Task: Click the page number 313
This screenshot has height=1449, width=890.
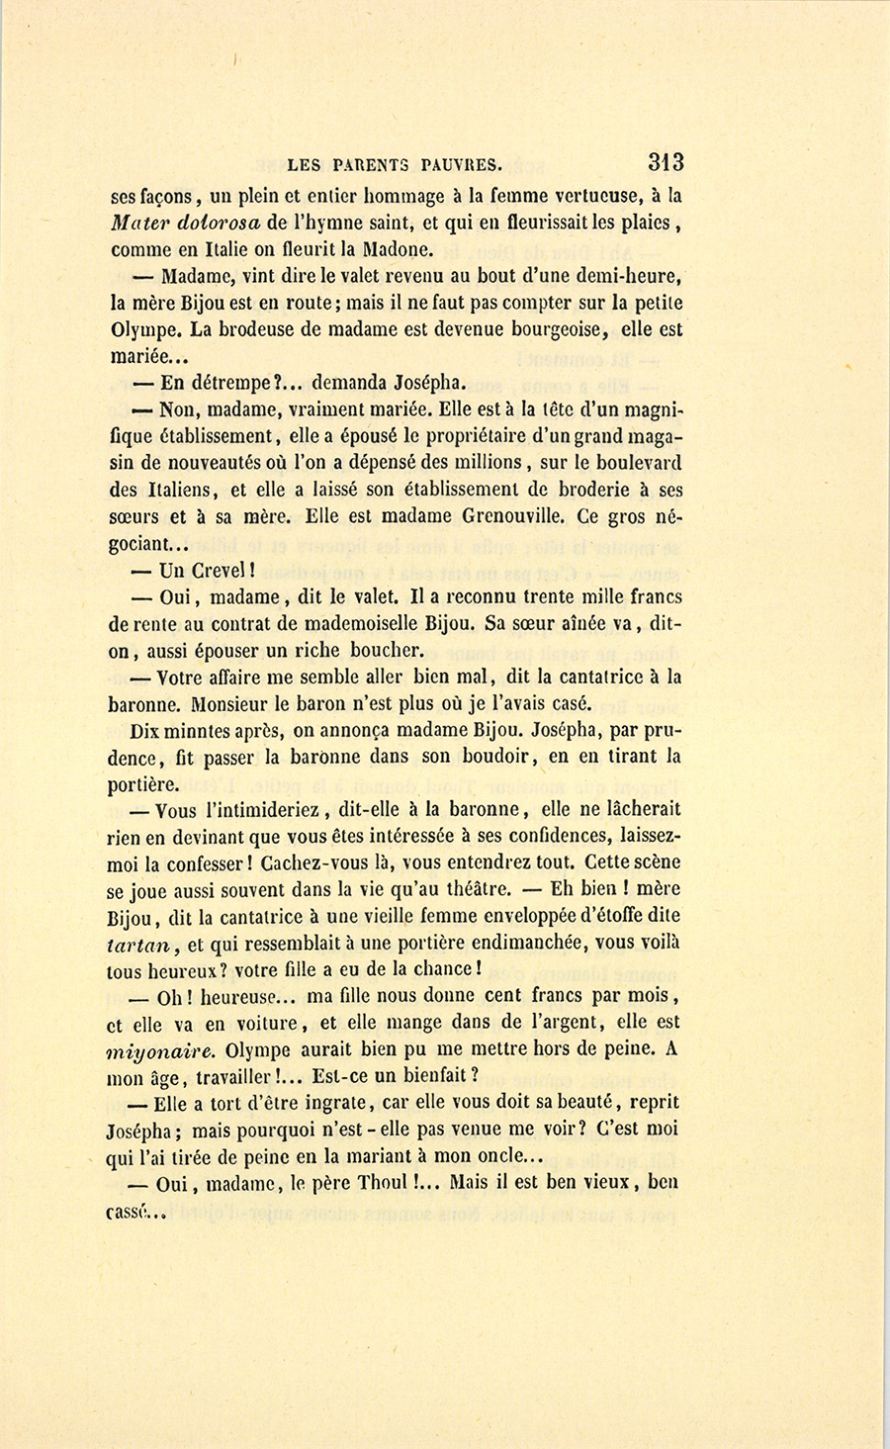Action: click(666, 162)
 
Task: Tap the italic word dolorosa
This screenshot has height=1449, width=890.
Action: click(215, 223)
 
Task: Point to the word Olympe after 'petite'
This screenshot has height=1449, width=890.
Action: click(137, 329)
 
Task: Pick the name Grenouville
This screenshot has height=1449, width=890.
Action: click(521, 516)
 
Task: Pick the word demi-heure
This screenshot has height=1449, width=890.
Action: click(620, 276)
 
